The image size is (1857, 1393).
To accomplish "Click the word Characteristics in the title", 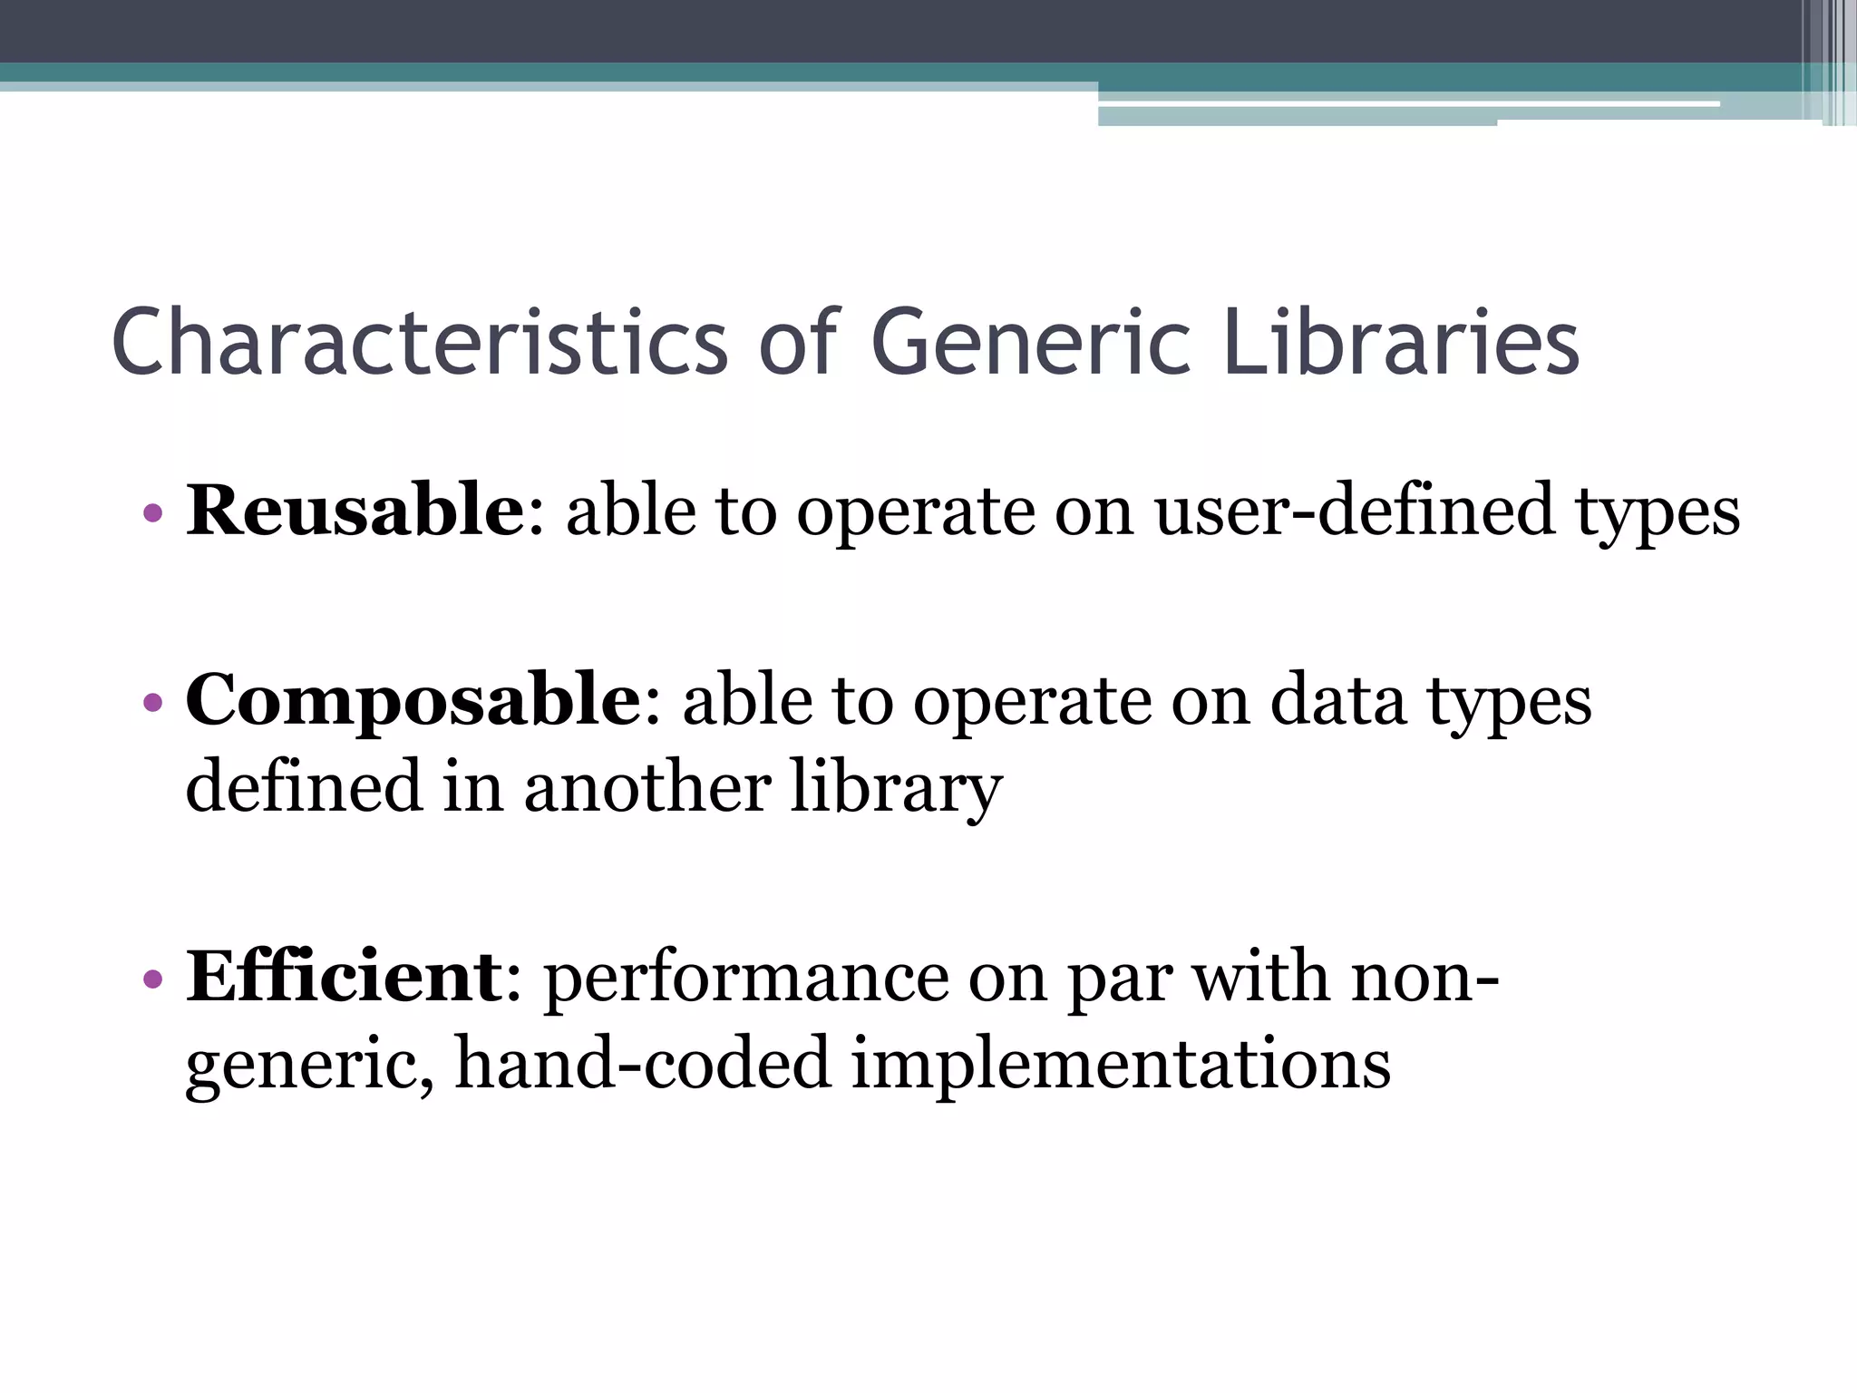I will click(419, 342).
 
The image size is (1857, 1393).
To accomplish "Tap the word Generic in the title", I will click(1030, 342).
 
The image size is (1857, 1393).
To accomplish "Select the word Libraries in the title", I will click(1402, 342).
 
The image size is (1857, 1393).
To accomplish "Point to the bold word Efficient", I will click(345, 977).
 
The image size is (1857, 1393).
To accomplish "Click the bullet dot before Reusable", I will click(152, 513).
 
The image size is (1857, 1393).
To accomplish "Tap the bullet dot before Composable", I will click(152, 703).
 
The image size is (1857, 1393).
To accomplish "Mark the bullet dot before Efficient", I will click(152, 979).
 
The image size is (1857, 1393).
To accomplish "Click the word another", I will click(647, 786).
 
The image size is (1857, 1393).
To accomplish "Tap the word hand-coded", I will click(642, 1063).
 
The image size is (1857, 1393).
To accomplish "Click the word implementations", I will click(1121, 1063).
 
